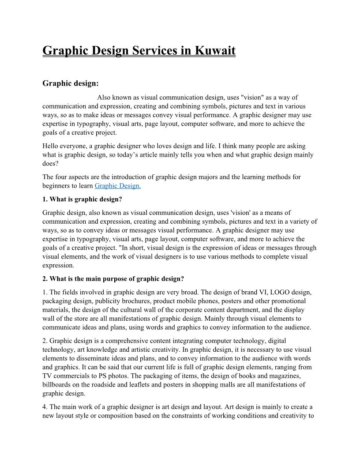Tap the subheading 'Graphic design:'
pos(71,83)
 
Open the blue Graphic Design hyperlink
pos(118,186)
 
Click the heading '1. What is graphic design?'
pos(82,199)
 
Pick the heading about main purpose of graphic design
pos(113,278)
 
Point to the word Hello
pos(51,146)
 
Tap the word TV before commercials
pos(47,376)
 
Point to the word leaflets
pos(143,384)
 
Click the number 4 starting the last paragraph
pos(44,406)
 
